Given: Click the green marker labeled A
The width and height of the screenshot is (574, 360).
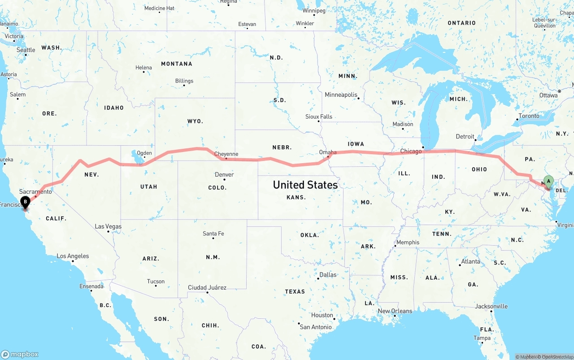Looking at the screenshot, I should pos(548,182).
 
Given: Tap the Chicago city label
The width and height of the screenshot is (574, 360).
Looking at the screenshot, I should pos(411,152).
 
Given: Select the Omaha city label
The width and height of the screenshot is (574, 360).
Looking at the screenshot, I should pos(328,152).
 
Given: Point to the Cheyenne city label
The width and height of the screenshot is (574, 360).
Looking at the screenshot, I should pos(226,154).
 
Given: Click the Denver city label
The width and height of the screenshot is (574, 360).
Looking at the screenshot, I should pos(224,174).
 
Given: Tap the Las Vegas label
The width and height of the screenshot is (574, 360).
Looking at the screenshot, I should pos(108,226).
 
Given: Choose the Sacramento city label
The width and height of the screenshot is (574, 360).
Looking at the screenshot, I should pos(35,192).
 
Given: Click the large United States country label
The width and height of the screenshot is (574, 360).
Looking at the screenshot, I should pos(305,185).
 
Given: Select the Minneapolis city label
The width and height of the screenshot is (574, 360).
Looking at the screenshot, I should pos(341,95).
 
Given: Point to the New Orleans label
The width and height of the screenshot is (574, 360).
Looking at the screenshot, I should pos(395,311).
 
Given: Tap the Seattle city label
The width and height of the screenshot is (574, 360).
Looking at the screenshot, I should pos(26,50).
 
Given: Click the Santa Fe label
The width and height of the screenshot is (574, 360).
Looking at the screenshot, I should pos(213,234).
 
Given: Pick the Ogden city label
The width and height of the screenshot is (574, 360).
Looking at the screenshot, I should pos(144,152).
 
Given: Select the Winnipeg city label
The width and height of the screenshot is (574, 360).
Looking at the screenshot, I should pos(314,10).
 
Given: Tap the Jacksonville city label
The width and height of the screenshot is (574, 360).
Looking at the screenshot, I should pos(491,306).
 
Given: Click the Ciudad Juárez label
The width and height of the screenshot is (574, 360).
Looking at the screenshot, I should pos(207,287).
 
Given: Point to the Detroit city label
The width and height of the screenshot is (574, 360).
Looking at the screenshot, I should pos(465,136).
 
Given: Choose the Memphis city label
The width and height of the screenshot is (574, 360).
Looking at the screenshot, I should pos(408,243).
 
